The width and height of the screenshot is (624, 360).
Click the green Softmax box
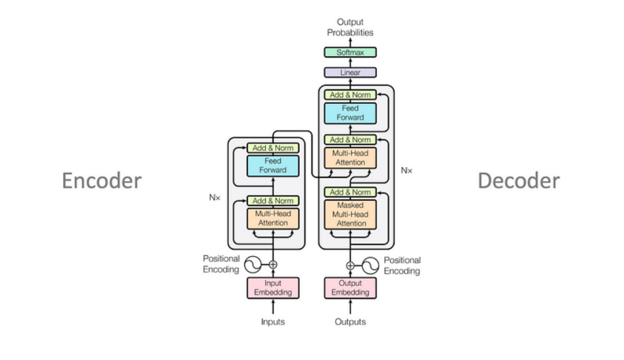[x=350, y=52]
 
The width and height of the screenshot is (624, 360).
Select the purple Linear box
[x=350, y=72]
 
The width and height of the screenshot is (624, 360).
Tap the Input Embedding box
[x=273, y=288]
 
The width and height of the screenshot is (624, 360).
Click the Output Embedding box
[x=350, y=288]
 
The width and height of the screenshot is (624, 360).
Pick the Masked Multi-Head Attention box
[x=350, y=214]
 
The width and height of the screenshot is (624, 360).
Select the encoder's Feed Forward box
[x=273, y=166]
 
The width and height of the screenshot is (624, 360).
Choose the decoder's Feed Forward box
[x=350, y=113]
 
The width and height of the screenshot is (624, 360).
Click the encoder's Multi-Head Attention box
[x=273, y=218]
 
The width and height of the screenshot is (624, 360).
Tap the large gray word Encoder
[x=102, y=181]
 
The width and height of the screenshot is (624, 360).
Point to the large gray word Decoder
[x=518, y=181]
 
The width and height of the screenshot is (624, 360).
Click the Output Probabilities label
[x=350, y=27]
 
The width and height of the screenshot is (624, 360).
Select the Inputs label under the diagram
[x=273, y=322]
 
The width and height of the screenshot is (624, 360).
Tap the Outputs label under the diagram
[x=350, y=322]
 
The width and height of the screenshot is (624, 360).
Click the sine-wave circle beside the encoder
[x=252, y=265]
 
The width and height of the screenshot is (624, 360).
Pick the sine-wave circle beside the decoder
[x=371, y=265]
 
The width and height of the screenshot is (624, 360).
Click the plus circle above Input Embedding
[x=273, y=265]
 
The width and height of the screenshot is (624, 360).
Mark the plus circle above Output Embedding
[x=350, y=265]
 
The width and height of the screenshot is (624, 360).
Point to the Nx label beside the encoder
[x=214, y=198]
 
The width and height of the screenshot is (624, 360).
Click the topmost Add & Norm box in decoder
[x=350, y=95]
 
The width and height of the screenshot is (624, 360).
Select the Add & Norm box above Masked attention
[x=350, y=192]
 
